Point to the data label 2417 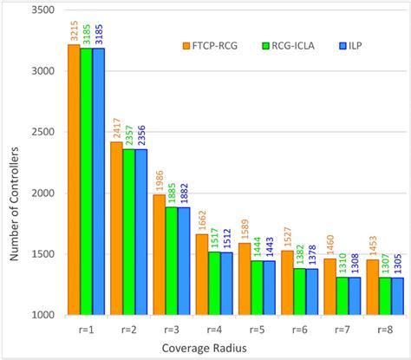point(115,126)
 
